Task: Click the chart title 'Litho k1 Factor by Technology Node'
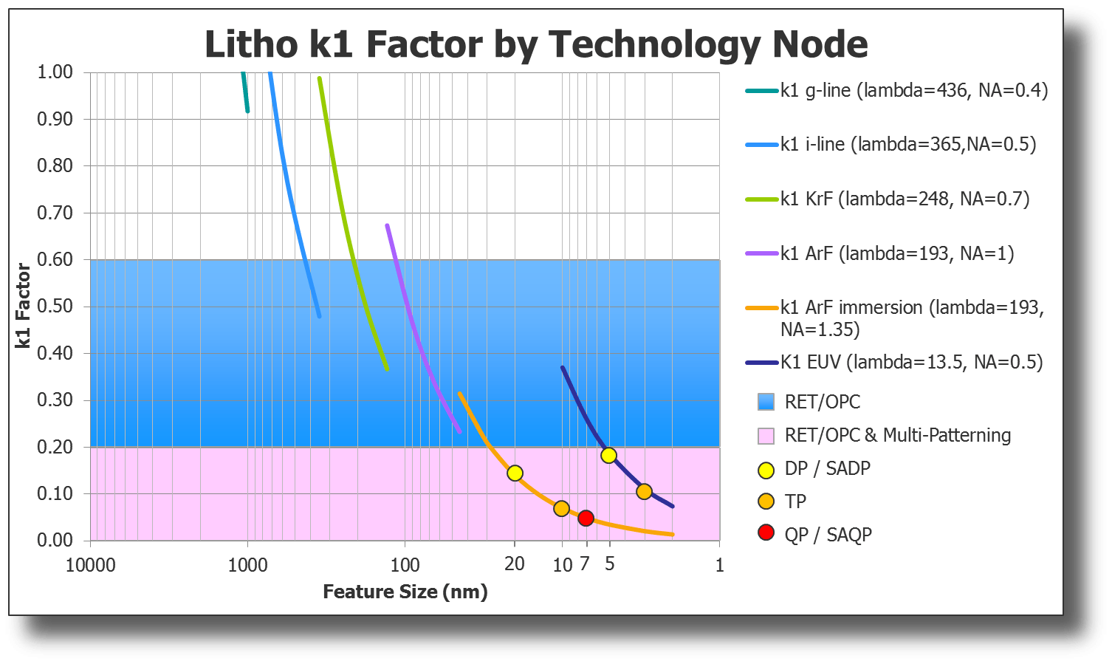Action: tap(535, 44)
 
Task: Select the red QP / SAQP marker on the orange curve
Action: tap(586, 518)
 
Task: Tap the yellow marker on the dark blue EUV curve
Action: tap(608, 455)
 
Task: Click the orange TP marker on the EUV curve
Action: tap(644, 492)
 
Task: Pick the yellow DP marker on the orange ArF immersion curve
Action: tap(515, 473)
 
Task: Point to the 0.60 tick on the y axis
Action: tap(55, 259)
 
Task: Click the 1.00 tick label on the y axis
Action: tap(55, 72)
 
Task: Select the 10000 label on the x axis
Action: tap(91, 565)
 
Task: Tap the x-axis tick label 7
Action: tap(584, 564)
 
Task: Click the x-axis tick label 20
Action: tap(515, 564)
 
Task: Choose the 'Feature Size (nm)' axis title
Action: tap(405, 592)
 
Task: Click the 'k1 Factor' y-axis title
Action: tap(24, 306)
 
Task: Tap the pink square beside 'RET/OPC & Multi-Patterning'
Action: tap(766, 436)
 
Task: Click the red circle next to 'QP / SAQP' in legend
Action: tap(766, 533)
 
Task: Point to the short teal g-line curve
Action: tap(245, 93)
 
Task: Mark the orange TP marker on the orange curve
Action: tap(561, 508)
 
